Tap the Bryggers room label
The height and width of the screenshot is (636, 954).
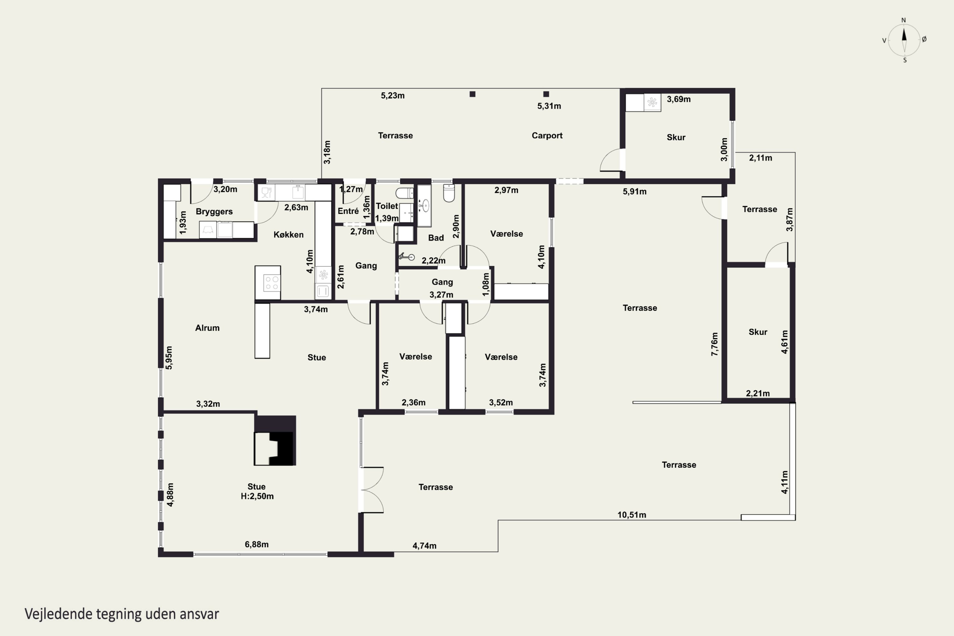click(214, 211)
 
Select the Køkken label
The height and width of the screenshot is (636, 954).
click(288, 234)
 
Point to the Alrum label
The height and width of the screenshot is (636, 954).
click(207, 328)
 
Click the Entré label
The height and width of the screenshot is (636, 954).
click(348, 211)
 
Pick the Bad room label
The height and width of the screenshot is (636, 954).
click(436, 238)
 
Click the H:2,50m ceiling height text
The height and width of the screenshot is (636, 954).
click(257, 496)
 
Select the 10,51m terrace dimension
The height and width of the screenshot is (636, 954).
click(632, 515)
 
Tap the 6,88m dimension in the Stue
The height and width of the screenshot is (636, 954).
click(256, 544)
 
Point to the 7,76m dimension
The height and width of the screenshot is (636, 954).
click(714, 344)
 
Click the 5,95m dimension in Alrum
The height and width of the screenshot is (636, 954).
click(169, 358)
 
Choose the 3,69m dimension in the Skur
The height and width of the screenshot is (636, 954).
click(679, 99)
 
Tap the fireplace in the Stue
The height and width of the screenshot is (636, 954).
click(275, 440)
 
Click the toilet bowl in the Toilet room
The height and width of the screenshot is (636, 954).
click(404, 193)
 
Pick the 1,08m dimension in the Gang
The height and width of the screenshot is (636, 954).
click(486, 284)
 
